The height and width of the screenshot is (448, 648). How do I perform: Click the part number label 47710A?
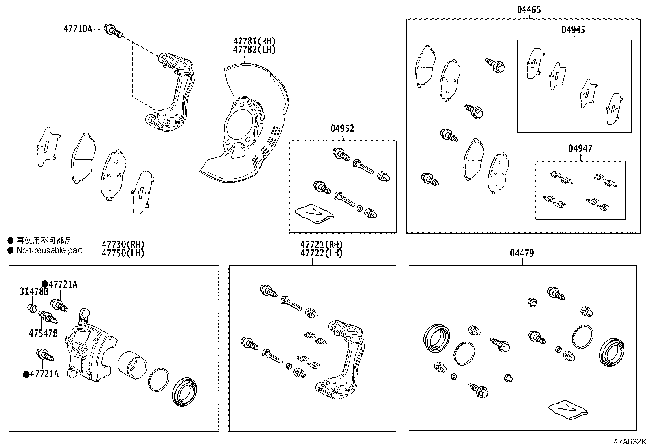[78, 29]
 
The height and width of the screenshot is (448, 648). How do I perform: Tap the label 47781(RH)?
[254, 41]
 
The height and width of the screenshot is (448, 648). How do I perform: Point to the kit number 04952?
[342, 128]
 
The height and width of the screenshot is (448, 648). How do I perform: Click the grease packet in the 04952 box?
[314, 213]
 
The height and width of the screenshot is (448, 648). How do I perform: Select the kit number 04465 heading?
[529, 9]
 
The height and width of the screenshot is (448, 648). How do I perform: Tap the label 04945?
[573, 30]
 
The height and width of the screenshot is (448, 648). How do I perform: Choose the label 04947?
[580, 148]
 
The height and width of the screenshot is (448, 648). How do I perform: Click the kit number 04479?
[522, 253]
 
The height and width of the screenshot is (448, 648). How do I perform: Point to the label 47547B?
[43, 333]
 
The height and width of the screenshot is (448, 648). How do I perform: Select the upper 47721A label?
[63, 285]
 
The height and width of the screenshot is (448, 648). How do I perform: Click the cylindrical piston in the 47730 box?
[131, 362]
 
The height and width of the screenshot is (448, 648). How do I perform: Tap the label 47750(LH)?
[123, 253]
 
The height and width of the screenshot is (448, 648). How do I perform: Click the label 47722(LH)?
[321, 253]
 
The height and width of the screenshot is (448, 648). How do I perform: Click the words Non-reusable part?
[49, 250]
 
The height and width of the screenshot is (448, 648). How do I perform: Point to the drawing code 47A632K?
[630, 441]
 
